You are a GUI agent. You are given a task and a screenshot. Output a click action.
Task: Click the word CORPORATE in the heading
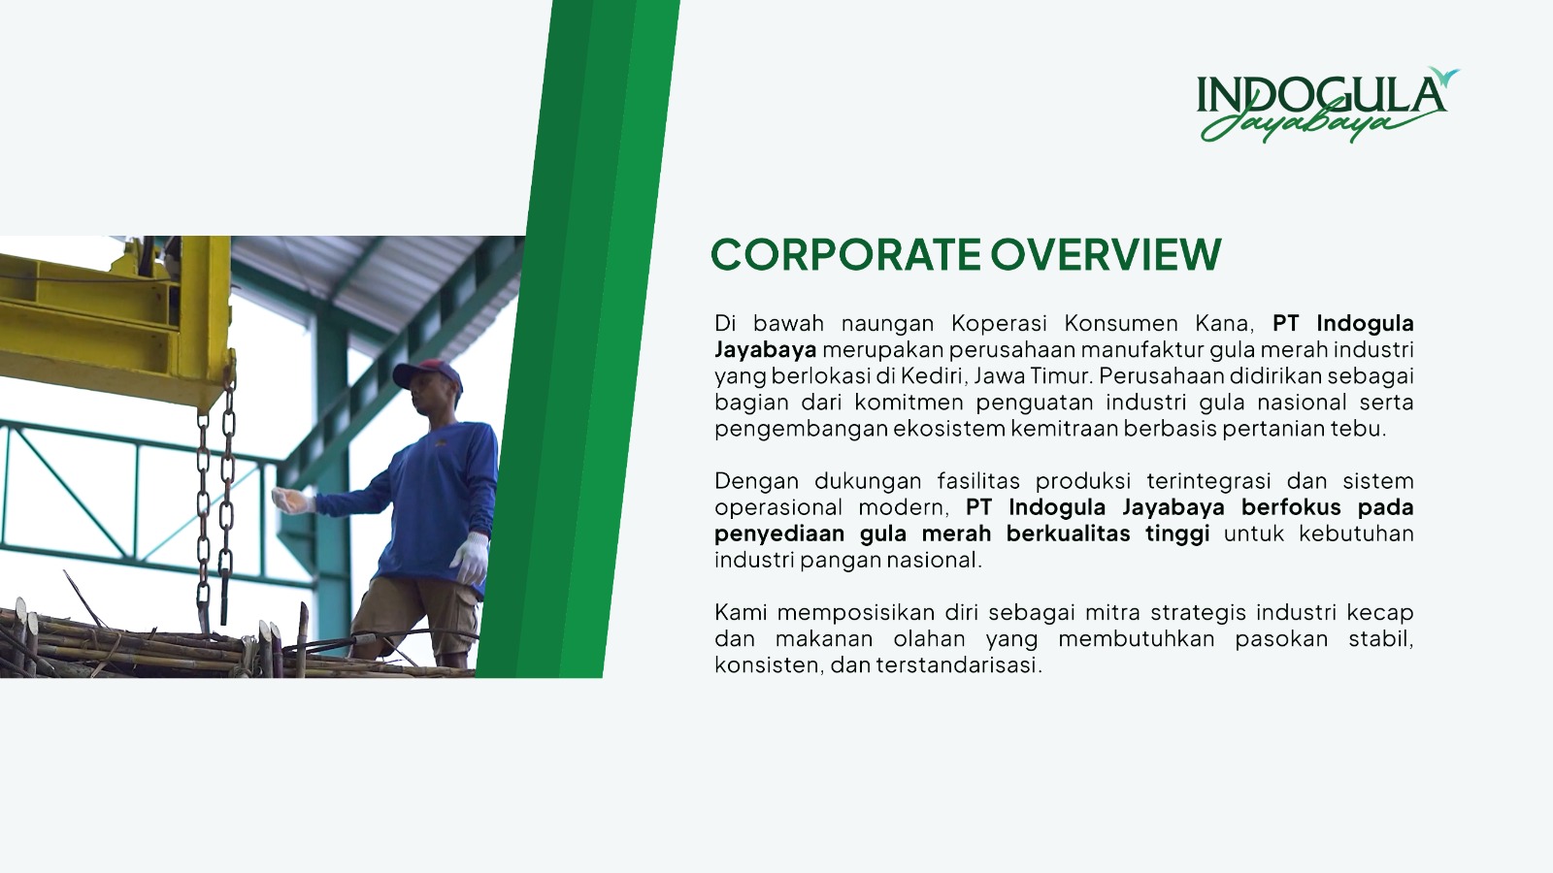click(x=845, y=254)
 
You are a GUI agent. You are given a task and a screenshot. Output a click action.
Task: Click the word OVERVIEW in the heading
click(x=1106, y=254)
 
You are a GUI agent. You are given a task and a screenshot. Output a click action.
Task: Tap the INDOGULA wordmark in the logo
click(x=1321, y=95)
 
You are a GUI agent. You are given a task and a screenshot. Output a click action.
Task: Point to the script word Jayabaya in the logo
click(x=1304, y=123)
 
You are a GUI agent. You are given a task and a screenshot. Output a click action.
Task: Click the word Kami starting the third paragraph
click(x=738, y=612)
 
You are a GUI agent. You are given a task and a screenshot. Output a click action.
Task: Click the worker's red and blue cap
click(x=427, y=374)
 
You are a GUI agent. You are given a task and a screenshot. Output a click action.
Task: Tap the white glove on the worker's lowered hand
click(x=471, y=558)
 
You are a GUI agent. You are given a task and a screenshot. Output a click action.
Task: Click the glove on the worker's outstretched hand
click(x=292, y=500)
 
